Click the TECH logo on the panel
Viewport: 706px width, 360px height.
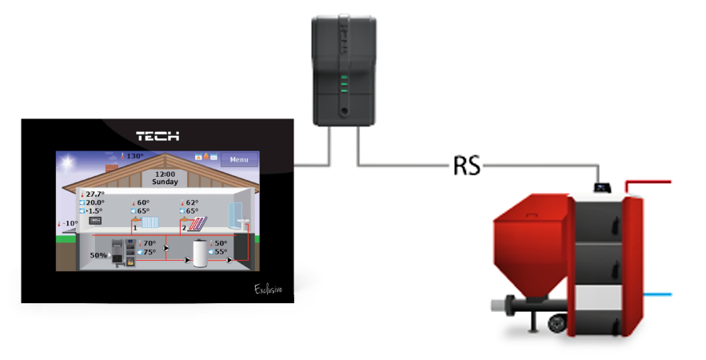[157, 136]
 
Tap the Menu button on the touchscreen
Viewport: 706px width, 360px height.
[239, 160]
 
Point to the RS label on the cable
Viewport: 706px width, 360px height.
[466, 166]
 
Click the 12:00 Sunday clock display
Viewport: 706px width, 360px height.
[165, 178]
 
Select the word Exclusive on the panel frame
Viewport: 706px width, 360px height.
[269, 288]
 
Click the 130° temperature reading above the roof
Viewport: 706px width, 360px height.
[131, 156]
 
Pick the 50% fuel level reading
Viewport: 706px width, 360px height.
[99, 255]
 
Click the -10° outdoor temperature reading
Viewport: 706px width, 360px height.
[69, 223]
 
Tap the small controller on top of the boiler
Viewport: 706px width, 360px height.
[603, 188]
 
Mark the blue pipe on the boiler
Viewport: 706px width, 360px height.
[657, 295]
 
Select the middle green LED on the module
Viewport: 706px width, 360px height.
[344, 82]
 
